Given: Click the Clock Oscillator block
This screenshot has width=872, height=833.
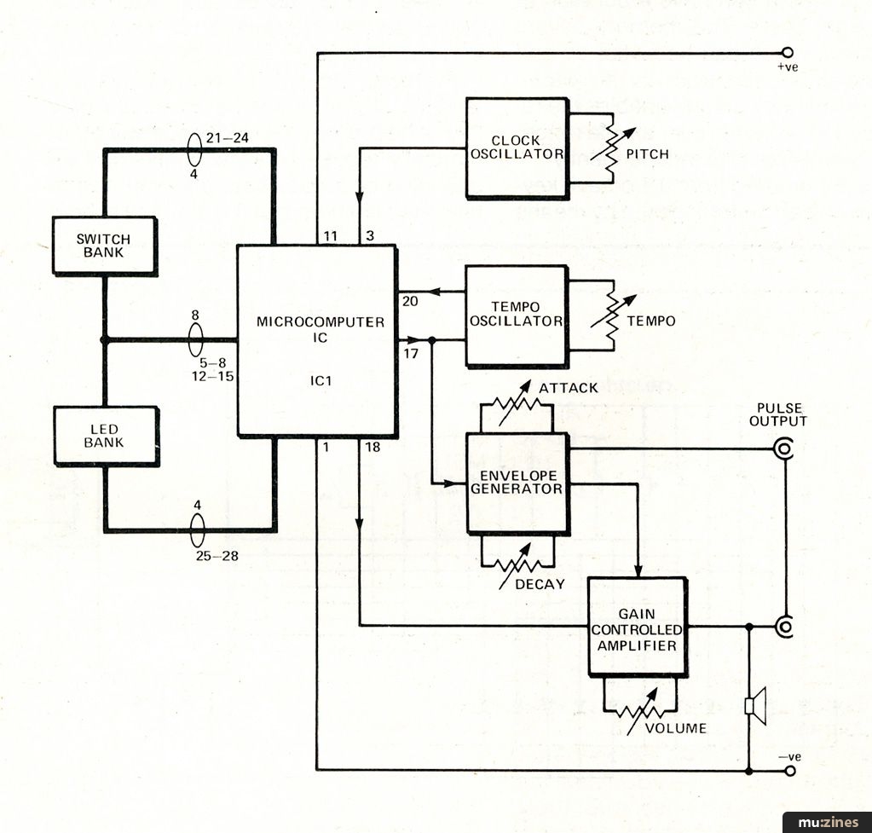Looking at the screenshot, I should click(517, 147).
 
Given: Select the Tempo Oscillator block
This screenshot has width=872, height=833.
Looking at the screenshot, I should click(516, 315).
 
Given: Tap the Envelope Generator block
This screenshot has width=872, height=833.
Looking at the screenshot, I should click(517, 482).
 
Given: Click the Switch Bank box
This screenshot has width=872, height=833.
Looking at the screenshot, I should click(104, 246).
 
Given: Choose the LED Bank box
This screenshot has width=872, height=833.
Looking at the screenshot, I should click(104, 435).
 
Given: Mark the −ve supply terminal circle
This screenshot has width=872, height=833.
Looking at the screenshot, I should click(788, 771).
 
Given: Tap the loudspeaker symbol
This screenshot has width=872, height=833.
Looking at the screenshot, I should click(753, 705).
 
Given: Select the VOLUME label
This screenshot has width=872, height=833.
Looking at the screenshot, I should click(675, 728).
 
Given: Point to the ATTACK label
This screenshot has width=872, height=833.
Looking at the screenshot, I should click(568, 389).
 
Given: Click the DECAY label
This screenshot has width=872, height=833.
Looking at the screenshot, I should click(540, 584).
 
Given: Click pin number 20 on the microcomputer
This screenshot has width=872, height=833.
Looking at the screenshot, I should click(409, 300).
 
